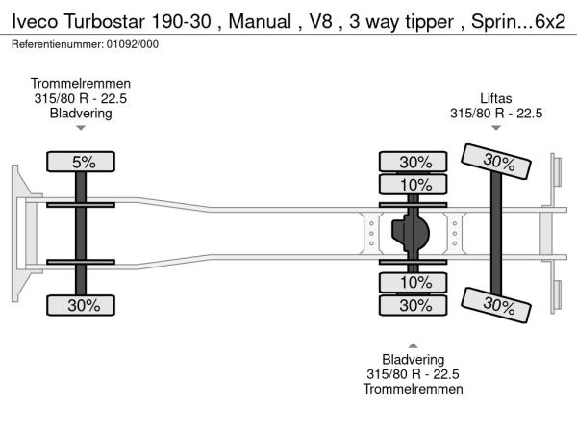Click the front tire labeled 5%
pos(84,163)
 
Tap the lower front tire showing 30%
pos(84,305)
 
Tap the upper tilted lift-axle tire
pos(497,161)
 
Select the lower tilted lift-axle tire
pos(497,305)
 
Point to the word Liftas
pos(496,97)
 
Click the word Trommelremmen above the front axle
pos(81,84)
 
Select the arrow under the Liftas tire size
pos(496,128)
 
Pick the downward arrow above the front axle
pos(81,128)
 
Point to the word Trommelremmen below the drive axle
pos(414,389)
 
